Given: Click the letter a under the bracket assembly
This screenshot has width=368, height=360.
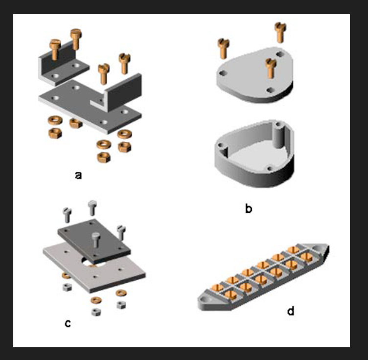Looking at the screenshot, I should (x=78, y=175).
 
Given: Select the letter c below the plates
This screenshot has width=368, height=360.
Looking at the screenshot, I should (x=68, y=322).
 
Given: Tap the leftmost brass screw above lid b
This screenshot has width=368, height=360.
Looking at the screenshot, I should (x=224, y=48).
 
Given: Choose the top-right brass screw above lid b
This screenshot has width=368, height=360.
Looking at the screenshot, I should (x=279, y=31).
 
